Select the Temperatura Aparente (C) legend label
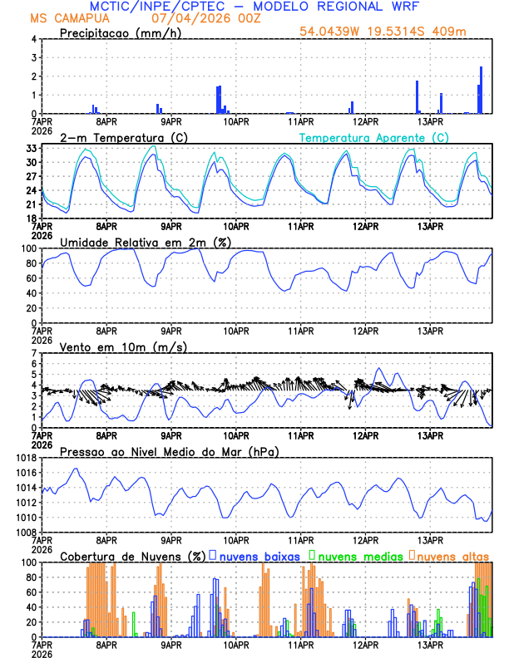pyautogui.click(x=373, y=137)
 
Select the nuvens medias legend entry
pyautogui.click(x=355, y=555)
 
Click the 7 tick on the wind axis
pyautogui.click(x=35, y=353)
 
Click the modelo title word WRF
pyautogui.click(x=401, y=7)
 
